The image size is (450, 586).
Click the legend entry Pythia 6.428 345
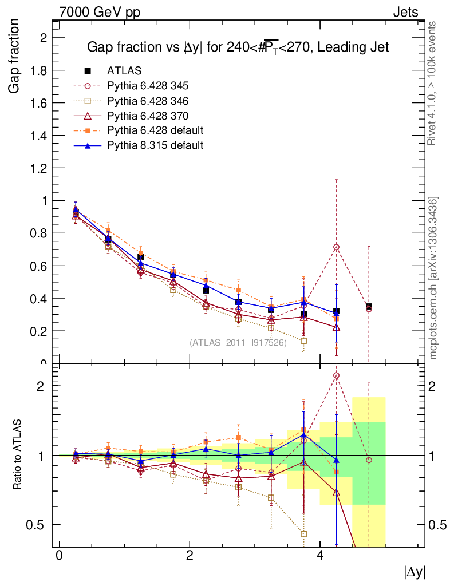[x=148, y=86]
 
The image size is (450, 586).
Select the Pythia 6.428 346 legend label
[x=148, y=101]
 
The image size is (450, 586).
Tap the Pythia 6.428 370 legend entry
[x=148, y=116]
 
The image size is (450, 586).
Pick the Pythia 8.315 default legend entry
[x=155, y=145]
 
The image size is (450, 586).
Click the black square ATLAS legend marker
[x=88, y=71]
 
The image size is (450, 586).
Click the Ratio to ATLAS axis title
[x=17, y=455]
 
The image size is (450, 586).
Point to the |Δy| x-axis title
[x=415, y=572]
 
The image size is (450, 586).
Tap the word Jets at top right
[x=405, y=12]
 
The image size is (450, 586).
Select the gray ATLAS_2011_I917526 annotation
[x=238, y=343]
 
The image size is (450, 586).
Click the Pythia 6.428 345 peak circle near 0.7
[x=336, y=247]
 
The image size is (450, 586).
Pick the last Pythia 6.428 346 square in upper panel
[x=303, y=340]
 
